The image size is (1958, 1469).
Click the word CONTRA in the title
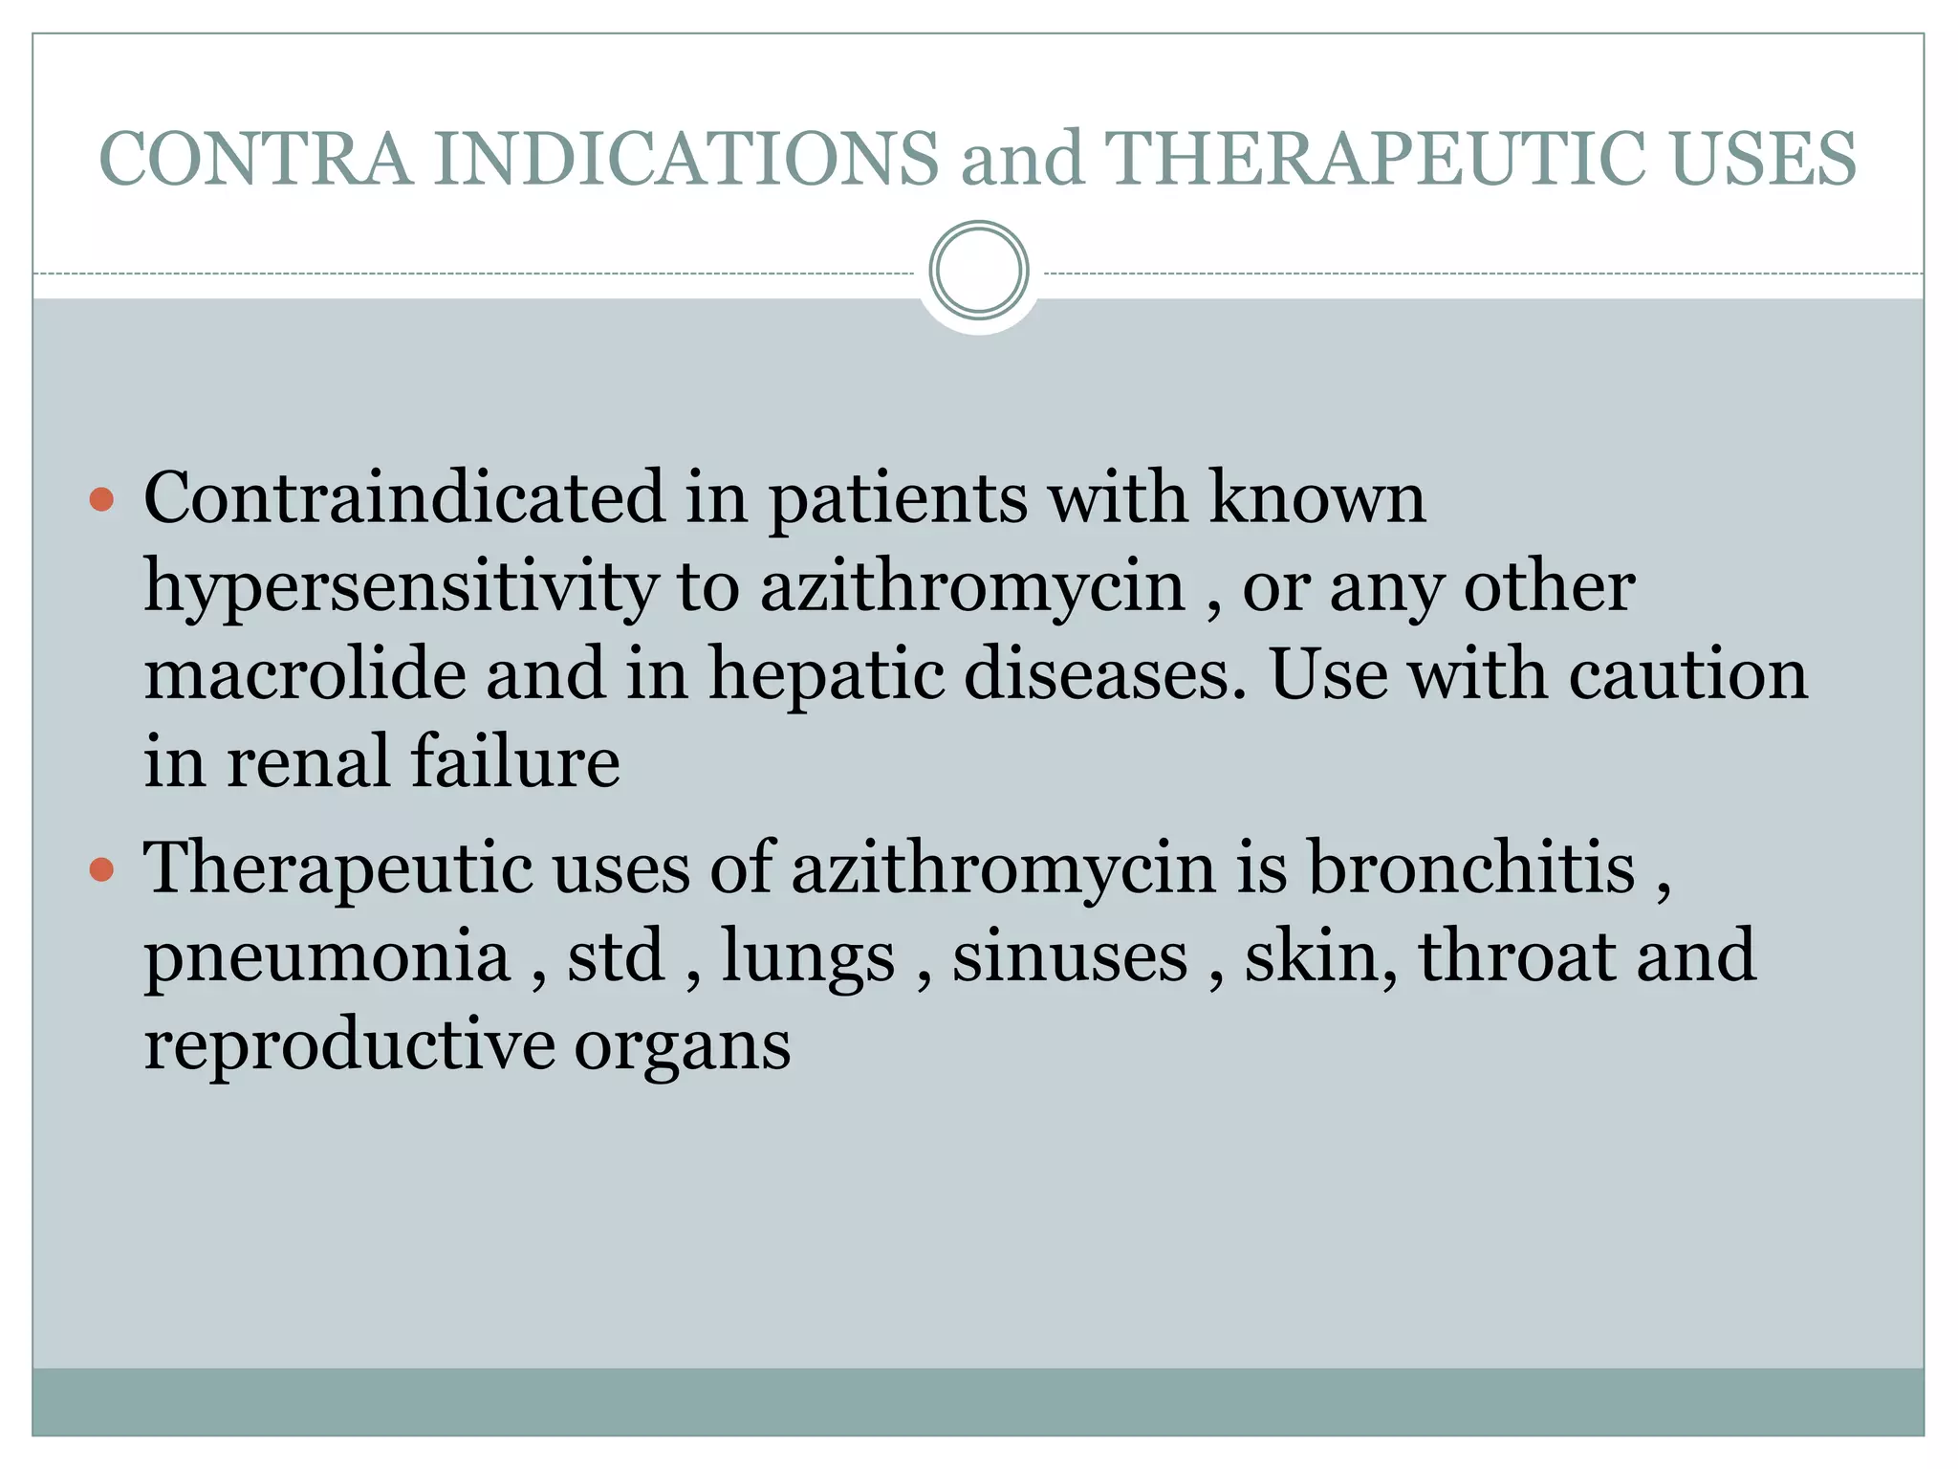click(256, 159)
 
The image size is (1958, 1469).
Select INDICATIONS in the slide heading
click(686, 159)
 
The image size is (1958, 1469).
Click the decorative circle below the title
click(978, 271)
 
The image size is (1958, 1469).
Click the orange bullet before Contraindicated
click(101, 499)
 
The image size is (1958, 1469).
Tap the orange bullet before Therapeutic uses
click(101, 869)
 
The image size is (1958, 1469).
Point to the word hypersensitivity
click(401, 587)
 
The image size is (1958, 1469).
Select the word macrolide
click(304, 673)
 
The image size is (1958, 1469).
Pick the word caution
click(1688, 673)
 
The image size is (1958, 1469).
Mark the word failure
click(515, 762)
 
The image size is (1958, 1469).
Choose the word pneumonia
click(327, 957)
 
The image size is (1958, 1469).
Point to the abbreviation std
click(616, 955)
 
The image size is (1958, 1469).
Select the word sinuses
click(1070, 957)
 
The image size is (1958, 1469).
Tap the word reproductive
click(349, 1044)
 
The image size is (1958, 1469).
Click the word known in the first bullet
click(1317, 497)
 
